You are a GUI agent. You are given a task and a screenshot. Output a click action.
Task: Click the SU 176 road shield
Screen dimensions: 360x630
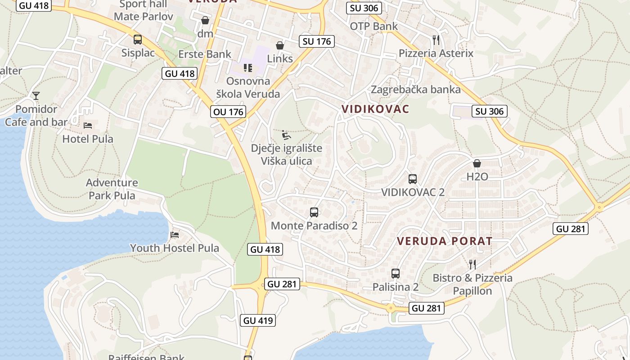[x=317, y=41]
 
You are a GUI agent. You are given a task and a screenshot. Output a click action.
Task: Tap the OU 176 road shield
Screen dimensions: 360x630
[x=229, y=112]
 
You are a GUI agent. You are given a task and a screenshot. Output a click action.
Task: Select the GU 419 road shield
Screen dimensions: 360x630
[x=258, y=320]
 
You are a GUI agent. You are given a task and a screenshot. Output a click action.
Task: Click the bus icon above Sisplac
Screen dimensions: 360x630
[x=138, y=40]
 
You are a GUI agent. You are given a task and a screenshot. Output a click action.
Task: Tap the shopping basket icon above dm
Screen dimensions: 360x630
[x=205, y=20]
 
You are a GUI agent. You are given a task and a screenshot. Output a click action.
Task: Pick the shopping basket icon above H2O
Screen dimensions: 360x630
[x=477, y=163]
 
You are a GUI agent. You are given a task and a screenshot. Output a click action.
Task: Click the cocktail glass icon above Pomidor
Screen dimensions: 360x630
[x=36, y=95]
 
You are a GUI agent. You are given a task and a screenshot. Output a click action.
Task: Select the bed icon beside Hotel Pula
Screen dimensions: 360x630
[x=88, y=126]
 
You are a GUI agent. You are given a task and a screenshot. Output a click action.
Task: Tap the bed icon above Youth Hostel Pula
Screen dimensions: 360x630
[x=175, y=235]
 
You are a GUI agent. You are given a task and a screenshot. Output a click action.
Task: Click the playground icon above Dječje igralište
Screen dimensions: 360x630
[x=286, y=135]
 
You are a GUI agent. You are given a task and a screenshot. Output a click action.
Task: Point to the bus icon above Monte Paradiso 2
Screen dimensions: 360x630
[x=314, y=212]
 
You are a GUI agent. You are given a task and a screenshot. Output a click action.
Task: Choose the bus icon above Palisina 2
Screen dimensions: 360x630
[x=396, y=274]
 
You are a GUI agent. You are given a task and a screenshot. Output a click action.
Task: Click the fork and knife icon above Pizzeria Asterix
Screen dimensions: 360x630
[x=436, y=40]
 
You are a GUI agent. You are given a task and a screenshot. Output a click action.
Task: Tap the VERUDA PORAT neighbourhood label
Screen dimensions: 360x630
[x=445, y=241]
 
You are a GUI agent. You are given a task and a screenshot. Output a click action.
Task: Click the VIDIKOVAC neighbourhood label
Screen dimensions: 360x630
[x=375, y=109]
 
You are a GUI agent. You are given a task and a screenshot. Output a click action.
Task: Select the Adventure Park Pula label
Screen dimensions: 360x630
[x=112, y=189]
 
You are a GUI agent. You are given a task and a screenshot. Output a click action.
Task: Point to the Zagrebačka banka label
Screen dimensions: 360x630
[x=416, y=90]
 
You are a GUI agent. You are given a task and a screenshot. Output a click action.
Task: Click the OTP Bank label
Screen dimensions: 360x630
[x=374, y=26]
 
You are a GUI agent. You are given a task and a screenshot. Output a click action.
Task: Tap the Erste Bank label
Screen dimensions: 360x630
[x=205, y=54]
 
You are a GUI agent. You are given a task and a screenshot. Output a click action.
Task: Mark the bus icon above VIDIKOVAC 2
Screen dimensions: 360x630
[x=413, y=179]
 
